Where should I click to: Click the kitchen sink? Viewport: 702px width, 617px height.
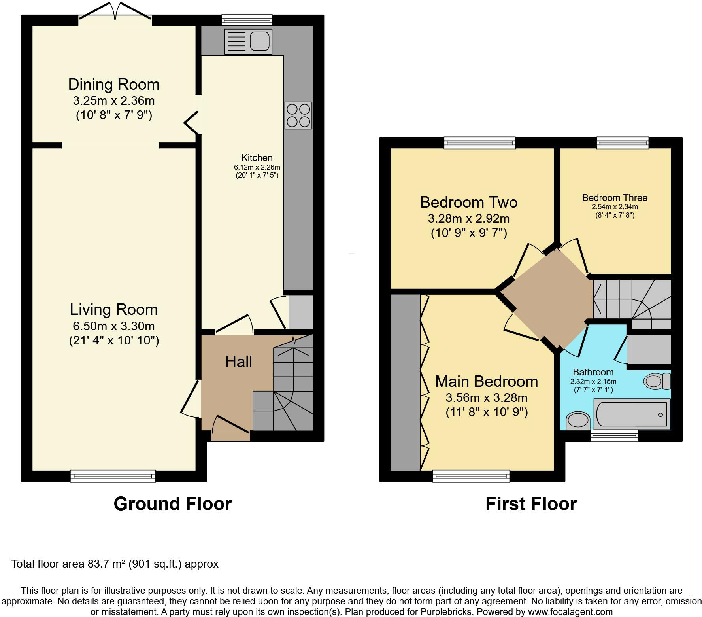click(x=248, y=41)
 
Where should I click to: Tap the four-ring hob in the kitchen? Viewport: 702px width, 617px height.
click(x=298, y=115)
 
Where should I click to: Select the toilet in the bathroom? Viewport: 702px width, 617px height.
click(x=657, y=381)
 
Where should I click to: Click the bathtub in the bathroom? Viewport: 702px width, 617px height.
click(x=632, y=414)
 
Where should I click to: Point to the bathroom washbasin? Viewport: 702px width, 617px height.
click(x=578, y=420)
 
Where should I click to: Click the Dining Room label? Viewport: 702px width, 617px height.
click(x=114, y=84)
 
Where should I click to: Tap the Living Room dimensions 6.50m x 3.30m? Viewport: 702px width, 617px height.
click(x=114, y=326)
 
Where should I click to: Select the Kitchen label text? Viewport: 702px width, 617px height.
click(x=257, y=158)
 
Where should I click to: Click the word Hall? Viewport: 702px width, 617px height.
click(x=239, y=361)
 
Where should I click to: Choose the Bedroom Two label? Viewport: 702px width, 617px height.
click(x=469, y=202)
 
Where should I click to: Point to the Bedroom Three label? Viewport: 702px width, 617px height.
click(x=615, y=198)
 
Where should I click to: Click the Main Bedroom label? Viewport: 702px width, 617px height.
click(x=487, y=381)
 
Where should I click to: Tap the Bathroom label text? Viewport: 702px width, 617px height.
click(x=593, y=372)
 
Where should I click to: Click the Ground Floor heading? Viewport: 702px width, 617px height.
click(x=173, y=504)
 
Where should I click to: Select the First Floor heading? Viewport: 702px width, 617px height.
click(x=531, y=504)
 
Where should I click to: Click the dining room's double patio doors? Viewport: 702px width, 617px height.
click(x=115, y=11)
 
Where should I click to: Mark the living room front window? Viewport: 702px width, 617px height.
click(x=113, y=476)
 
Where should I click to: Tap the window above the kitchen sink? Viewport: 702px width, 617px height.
click(x=247, y=20)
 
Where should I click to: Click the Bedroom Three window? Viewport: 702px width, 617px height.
click(x=623, y=143)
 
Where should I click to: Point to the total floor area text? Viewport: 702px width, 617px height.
click(x=115, y=564)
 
